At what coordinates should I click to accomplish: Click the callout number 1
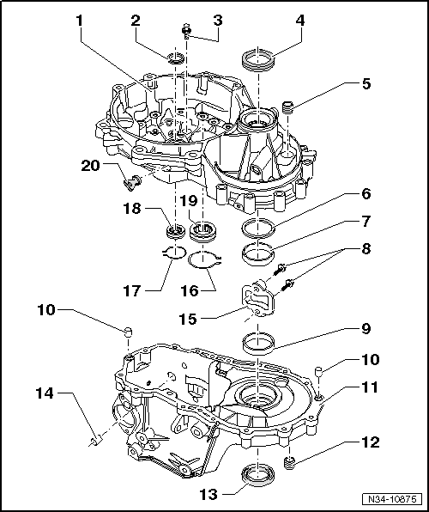click(x=80, y=19)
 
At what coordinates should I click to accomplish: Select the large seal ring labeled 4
click(x=258, y=60)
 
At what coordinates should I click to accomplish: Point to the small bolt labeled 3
click(x=184, y=33)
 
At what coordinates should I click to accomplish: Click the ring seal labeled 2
click(x=175, y=58)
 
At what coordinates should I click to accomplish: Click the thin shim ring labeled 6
click(x=257, y=229)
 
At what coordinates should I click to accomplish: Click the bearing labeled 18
click(x=175, y=231)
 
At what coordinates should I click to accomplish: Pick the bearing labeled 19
click(x=204, y=230)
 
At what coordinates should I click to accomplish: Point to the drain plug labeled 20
click(x=131, y=181)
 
